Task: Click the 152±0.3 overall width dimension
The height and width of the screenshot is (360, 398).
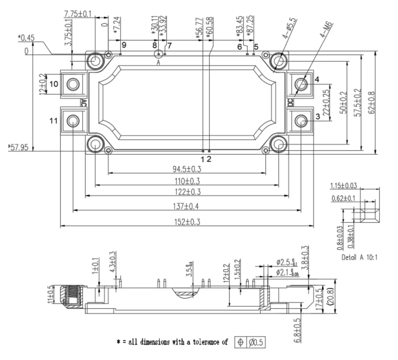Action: pos(186,222)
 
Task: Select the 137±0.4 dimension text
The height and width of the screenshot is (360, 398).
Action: pos(186,206)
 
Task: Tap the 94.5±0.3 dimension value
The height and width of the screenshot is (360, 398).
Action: pos(187,169)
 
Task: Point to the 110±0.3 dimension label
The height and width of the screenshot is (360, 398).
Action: pos(187,181)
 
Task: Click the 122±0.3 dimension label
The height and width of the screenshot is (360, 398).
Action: pos(187,192)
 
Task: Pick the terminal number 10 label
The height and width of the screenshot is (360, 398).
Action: pos(54,84)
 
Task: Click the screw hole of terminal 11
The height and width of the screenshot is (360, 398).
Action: pos(73,121)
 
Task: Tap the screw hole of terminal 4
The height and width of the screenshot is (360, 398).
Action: pos(301,84)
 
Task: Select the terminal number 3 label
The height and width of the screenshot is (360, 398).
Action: pos(317,117)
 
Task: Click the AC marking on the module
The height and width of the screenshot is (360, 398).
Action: pos(84,103)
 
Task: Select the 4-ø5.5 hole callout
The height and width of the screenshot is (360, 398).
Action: pos(290,30)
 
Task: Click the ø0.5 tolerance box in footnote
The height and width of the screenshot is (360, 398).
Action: pos(256,343)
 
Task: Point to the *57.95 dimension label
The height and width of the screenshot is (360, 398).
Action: pos(18,147)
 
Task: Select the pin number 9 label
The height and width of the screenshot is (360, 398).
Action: pos(124,45)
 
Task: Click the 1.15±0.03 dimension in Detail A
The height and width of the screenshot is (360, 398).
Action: pos(343,186)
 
